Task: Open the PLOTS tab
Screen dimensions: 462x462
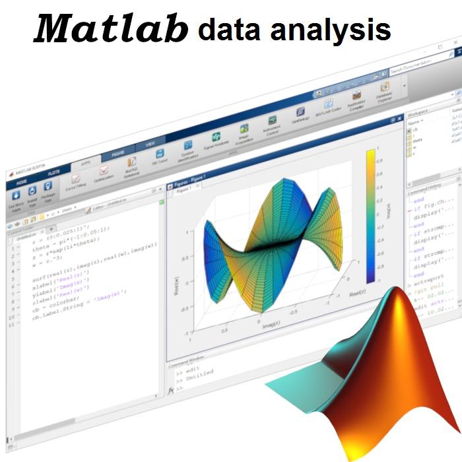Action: [x=52, y=173]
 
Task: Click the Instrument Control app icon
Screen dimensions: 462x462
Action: [x=271, y=121]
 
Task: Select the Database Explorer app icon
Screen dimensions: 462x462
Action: [x=385, y=86]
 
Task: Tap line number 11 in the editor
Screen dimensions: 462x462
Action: [x=10, y=325]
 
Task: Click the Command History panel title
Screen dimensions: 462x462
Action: [x=428, y=190]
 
